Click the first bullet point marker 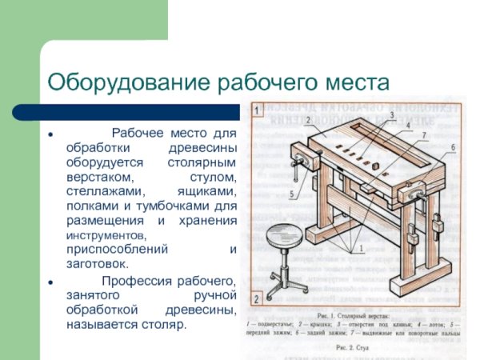[50, 134]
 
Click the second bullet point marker [50, 282]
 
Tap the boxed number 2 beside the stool [255, 300]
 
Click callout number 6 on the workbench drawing [452, 147]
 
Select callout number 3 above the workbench [392, 115]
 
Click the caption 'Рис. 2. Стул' [350, 349]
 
